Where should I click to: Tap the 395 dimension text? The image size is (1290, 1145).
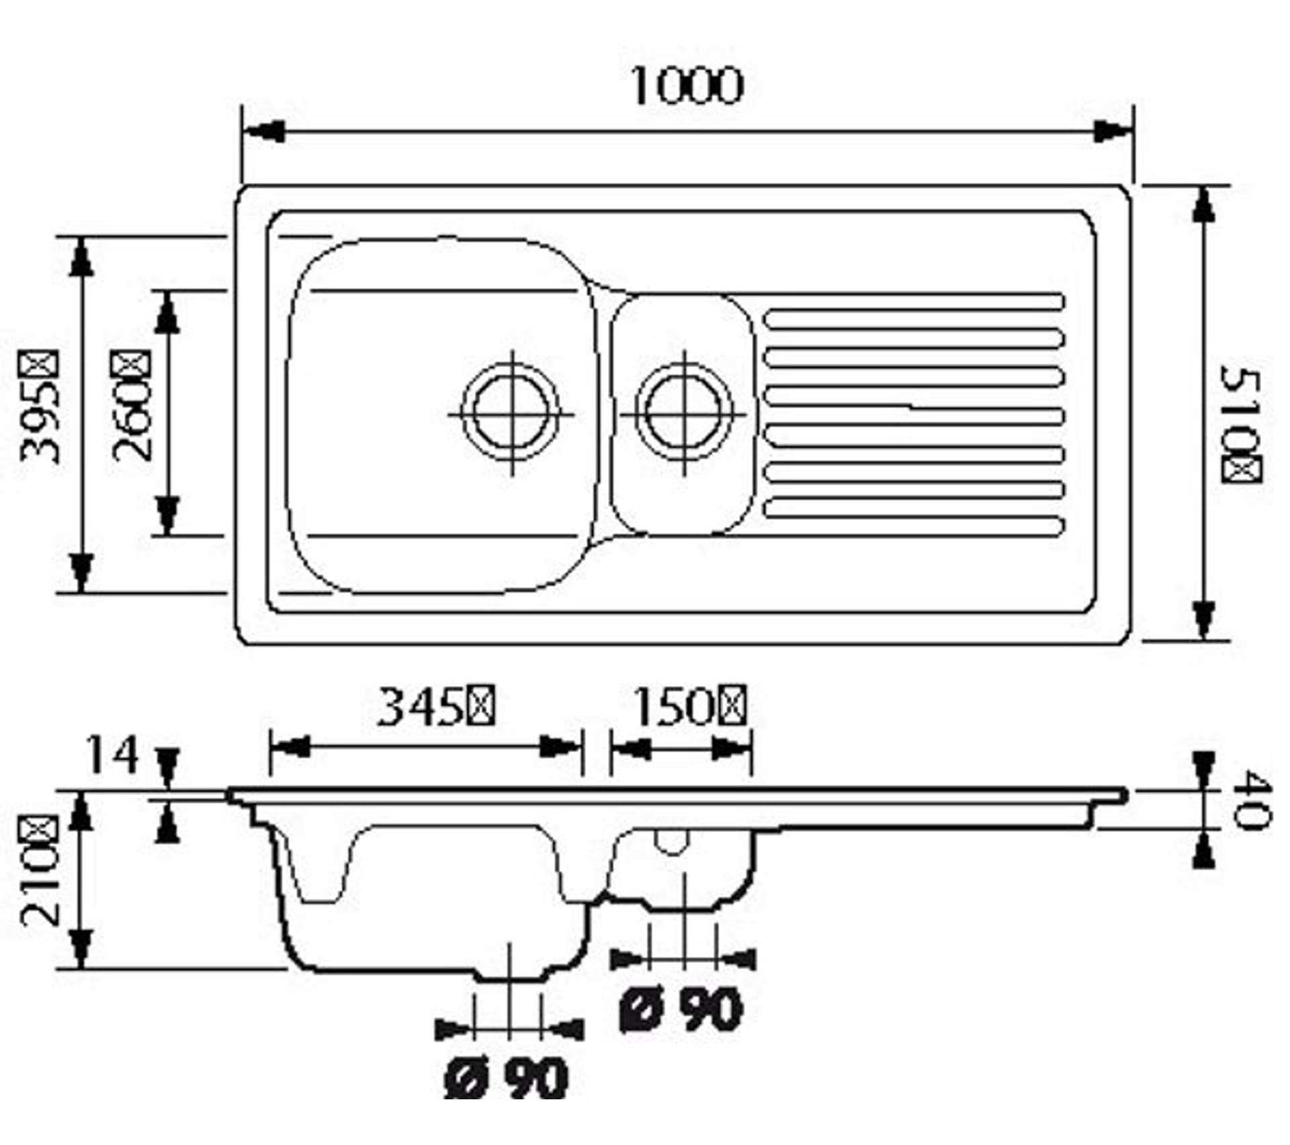click(x=40, y=407)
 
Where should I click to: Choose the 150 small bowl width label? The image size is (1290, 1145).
click(x=691, y=707)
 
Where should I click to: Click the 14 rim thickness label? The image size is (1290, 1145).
click(x=112, y=754)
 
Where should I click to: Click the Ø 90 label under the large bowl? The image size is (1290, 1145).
click(x=507, y=1078)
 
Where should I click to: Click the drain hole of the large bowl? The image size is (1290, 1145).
click(x=512, y=413)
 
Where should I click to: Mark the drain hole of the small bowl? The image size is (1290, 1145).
click(x=684, y=413)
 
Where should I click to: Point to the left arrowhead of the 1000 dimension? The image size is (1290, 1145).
click(x=262, y=132)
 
